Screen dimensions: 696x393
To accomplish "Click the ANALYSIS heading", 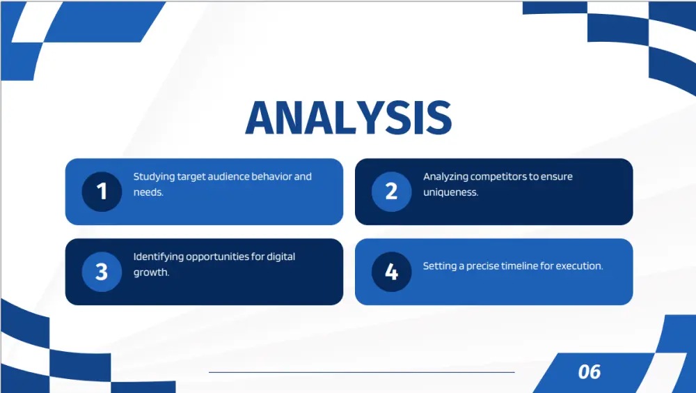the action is (x=349, y=117).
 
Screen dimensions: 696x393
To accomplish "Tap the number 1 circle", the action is (x=102, y=192).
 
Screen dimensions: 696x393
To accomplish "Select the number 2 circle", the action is (x=391, y=192).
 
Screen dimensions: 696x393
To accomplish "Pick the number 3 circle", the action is (x=102, y=272).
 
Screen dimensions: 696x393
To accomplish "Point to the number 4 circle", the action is (x=391, y=272).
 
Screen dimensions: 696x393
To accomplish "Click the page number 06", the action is (x=589, y=371).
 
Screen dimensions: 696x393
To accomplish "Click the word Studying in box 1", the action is (x=154, y=177).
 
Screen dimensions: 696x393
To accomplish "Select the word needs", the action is (x=148, y=192).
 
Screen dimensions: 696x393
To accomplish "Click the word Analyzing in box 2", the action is (x=445, y=177).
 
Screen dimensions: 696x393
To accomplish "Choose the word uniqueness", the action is (x=450, y=192).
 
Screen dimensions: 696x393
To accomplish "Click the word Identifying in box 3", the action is (x=159, y=257).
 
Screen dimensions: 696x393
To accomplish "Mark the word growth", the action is (x=151, y=272).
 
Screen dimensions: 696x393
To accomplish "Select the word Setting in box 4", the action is (x=439, y=266).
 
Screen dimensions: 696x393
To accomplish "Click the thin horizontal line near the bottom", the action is (x=362, y=372).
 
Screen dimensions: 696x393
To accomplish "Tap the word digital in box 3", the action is (x=280, y=257).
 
